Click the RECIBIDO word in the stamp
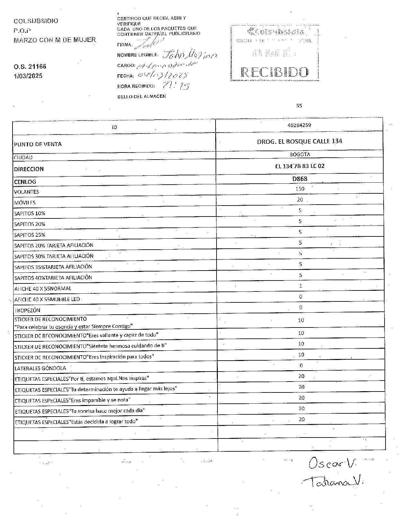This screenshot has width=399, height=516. (275, 72)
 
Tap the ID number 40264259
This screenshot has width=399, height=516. (299, 125)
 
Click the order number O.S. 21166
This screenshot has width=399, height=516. (30, 67)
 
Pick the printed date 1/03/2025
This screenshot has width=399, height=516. (28, 76)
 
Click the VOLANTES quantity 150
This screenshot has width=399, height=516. (300, 189)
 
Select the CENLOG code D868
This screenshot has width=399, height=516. (300, 179)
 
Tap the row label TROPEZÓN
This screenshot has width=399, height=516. (27, 310)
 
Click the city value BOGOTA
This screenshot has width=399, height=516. (300, 154)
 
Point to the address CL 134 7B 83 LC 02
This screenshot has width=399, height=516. (299, 166)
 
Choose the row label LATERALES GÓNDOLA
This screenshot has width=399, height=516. (40, 368)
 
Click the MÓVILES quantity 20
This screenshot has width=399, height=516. (300, 200)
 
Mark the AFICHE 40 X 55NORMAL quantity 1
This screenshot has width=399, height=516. (300, 286)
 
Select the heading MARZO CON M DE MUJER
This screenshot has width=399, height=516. (55, 40)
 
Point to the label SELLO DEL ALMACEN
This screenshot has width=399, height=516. (141, 97)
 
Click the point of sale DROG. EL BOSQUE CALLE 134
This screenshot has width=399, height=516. (299, 141)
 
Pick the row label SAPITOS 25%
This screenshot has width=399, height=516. (30, 235)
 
